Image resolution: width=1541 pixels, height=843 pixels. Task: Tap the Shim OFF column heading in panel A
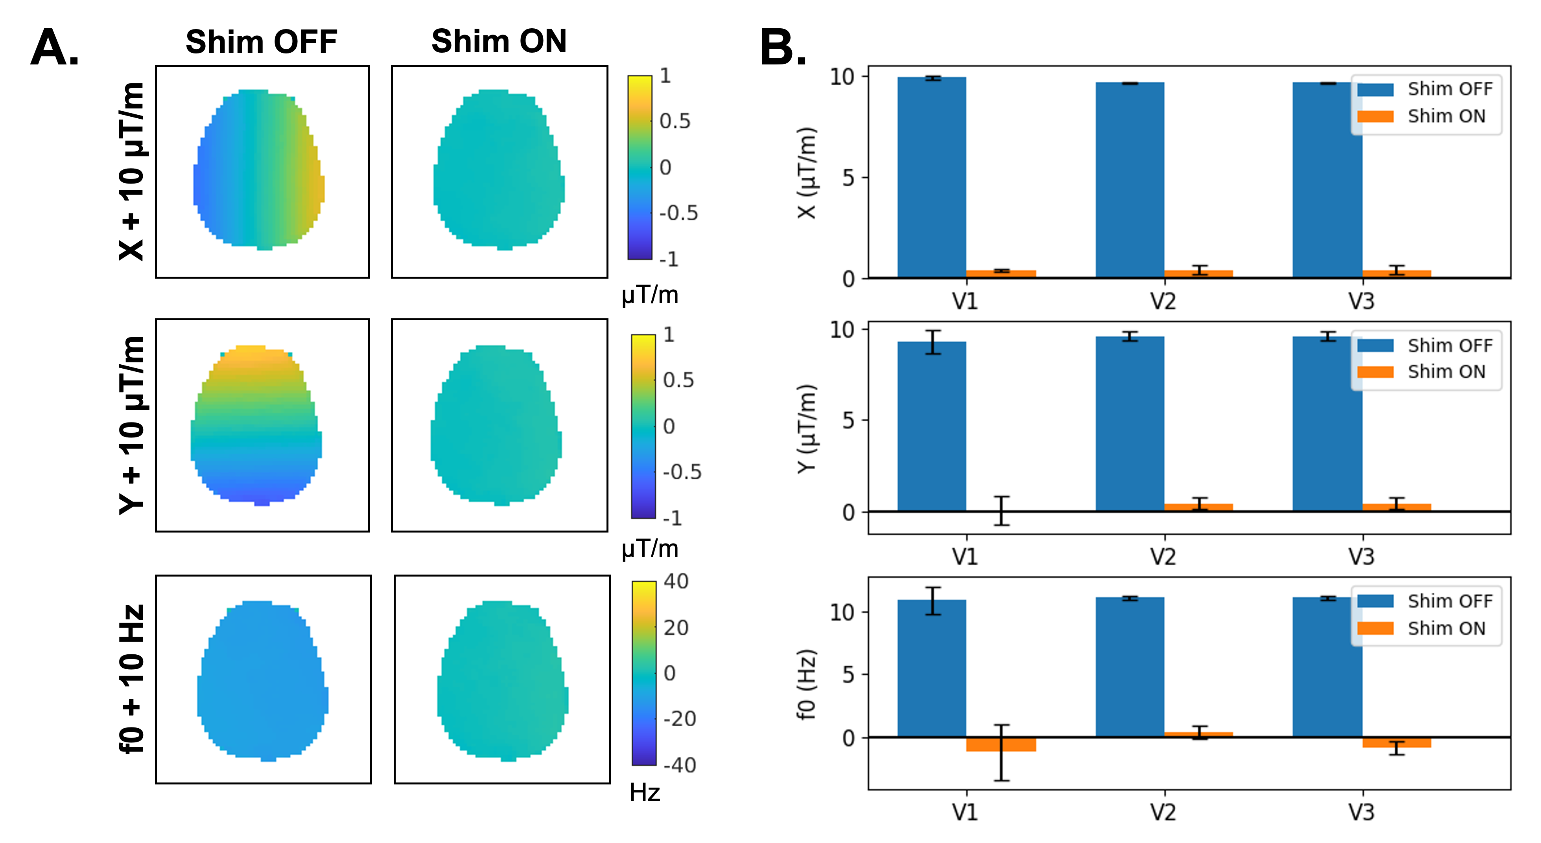pyautogui.click(x=262, y=42)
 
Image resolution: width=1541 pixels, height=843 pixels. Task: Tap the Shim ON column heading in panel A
pyautogui.click(x=499, y=41)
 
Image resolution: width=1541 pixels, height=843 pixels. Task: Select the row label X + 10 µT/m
pyautogui.click(x=132, y=172)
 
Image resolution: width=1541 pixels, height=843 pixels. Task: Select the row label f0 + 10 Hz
pyautogui.click(x=132, y=679)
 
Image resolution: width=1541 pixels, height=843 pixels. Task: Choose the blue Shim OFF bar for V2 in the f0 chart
pyautogui.click(x=1130, y=667)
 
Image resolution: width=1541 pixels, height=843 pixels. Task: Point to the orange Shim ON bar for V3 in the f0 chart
pyautogui.click(x=1396, y=742)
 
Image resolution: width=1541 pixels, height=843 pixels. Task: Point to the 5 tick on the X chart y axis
pyautogui.click(x=848, y=178)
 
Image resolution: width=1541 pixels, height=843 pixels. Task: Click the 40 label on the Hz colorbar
pyautogui.click(x=676, y=581)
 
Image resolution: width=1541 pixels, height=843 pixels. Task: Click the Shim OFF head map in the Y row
pyautogui.click(x=256, y=425)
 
